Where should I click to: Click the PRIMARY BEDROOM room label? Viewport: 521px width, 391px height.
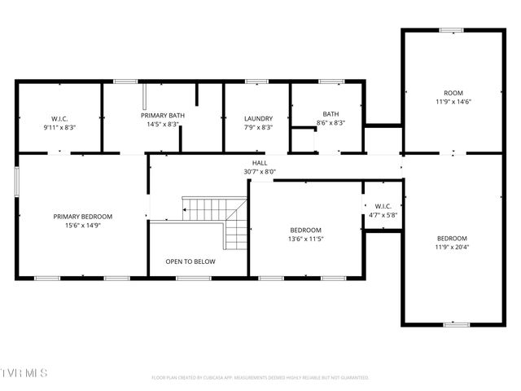[83, 217]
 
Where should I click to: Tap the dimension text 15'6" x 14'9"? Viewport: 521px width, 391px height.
[83, 226]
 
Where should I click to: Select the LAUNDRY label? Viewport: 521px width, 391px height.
[257, 118]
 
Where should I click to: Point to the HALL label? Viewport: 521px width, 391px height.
[260, 163]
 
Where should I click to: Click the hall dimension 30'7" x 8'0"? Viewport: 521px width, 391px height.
[260, 172]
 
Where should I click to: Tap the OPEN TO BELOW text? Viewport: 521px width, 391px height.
[190, 261]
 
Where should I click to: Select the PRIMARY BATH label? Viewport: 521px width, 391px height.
[163, 116]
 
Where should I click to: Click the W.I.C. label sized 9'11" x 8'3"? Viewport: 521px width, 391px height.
[59, 118]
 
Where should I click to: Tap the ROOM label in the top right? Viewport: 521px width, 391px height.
[453, 93]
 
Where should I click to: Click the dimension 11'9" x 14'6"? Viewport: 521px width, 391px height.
[453, 102]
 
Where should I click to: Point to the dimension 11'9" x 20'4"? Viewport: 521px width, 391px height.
[452, 247]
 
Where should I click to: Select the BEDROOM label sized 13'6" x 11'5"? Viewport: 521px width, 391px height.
[305, 230]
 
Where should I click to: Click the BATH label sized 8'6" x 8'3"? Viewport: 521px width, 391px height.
[330, 114]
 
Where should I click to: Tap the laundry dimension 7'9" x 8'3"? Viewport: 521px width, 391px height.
[257, 127]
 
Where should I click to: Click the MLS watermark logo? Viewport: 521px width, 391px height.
[24, 373]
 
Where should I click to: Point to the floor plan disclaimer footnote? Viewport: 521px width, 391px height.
[260, 377]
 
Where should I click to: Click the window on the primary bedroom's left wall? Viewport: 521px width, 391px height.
[16, 182]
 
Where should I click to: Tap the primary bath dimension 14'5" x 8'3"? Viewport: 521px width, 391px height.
[163, 125]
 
